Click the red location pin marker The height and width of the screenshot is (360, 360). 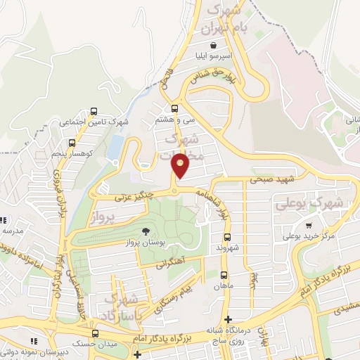point(181,165)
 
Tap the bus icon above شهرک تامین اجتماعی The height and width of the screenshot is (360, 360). point(94,111)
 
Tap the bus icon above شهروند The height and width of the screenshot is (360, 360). point(226,237)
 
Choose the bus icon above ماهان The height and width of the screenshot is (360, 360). point(224,275)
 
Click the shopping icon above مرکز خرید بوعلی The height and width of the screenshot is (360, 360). point(309,226)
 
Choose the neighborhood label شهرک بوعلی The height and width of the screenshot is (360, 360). point(309,203)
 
